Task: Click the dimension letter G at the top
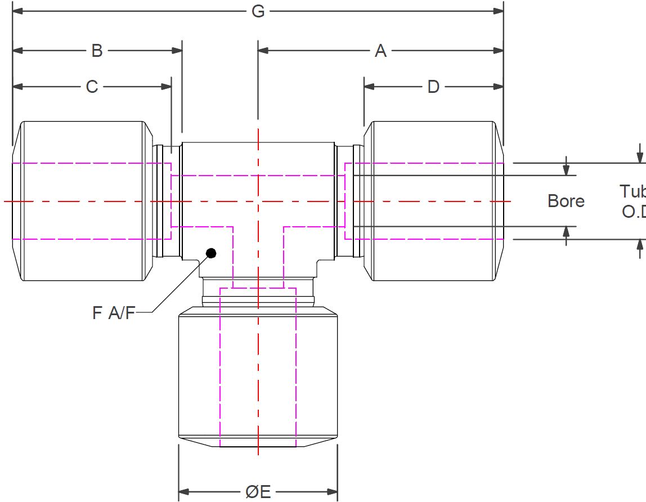tap(258, 11)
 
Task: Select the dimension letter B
tap(97, 51)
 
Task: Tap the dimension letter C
tap(92, 87)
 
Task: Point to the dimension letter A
tap(381, 51)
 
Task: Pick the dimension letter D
tap(433, 87)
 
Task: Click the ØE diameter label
tap(258, 491)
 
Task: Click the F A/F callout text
tap(114, 313)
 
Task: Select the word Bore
tap(566, 201)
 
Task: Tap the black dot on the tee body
tap(211, 253)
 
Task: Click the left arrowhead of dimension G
tap(17, 11)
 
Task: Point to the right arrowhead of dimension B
tap(177, 51)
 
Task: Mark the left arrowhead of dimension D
tap(369, 87)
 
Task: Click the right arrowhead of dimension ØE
tap(333, 491)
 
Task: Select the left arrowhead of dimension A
tap(263, 51)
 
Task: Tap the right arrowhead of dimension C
tap(167, 87)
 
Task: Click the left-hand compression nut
tap(82, 201)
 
